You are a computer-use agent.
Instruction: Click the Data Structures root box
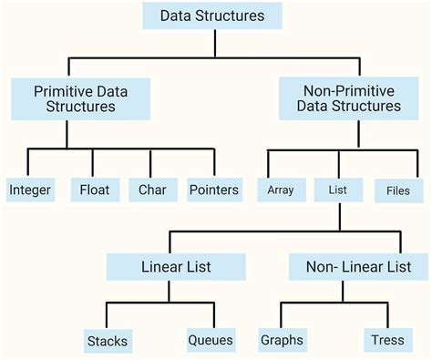211,15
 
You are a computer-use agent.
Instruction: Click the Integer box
30,190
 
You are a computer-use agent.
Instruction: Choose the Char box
152,190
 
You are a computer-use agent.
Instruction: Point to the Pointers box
214,190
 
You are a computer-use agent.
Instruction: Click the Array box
280,190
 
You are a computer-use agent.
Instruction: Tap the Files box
398,190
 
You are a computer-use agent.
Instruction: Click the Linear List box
176,268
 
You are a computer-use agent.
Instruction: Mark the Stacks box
107,342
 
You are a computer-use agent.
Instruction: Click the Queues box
211,341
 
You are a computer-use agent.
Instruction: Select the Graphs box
281,341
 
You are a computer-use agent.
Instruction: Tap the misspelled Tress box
387,341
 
